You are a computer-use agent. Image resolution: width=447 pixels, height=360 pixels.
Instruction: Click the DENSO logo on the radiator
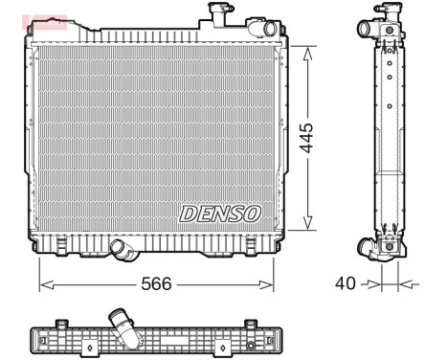(x=219, y=213)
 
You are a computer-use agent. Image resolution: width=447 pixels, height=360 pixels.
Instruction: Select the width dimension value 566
(x=156, y=283)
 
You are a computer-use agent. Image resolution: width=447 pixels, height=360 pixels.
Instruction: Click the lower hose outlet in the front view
(x=122, y=249)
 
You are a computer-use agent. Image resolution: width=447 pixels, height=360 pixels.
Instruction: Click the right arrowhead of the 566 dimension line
(x=268, y=283)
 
